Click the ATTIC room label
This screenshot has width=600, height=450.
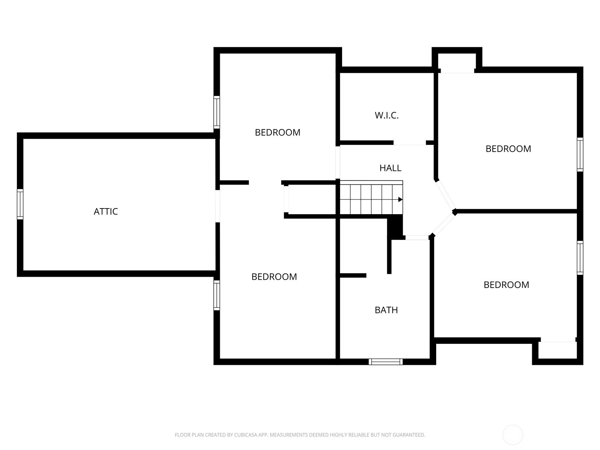click(105, 211)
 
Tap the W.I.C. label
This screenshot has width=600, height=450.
click(387, 115)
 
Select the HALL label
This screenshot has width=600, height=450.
click(390, 168)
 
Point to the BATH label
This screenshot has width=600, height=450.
click(386, 310)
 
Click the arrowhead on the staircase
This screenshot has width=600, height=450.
click(400, 199)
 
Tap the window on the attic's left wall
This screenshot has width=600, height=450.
click(20, 204)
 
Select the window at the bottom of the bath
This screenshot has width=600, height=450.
click(385, 362)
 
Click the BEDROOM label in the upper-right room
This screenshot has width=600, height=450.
click(508, 149)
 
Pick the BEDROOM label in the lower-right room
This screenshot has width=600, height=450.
click(506, 285)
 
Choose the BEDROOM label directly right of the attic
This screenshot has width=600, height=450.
click(274, 277)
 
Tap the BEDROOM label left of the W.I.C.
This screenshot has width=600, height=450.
click(277, 132)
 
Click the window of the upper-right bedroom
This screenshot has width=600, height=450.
click(580, 154)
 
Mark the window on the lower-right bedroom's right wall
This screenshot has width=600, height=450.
click(580, 258)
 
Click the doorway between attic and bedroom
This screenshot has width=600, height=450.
click(217, 206)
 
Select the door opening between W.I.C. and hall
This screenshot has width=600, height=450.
click(409, 143)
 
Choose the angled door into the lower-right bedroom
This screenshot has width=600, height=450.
click(444, 224)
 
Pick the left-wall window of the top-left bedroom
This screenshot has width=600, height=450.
click(216, 112)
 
